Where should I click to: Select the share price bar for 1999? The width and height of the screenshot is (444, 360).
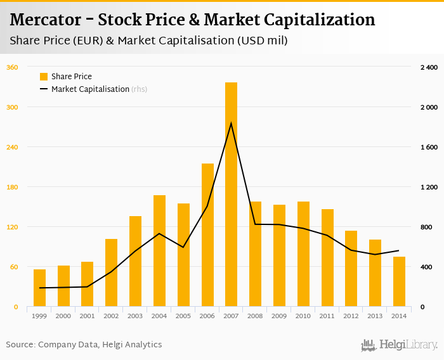[x=39, y=288]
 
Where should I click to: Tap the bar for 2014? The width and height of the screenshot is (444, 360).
[x=399, y=281]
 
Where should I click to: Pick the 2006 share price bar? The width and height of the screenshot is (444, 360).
[x=207, y=235]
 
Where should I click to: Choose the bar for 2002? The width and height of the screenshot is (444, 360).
[x=111, y=273]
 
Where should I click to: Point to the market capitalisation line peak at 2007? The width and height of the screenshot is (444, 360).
[x=231, y=123]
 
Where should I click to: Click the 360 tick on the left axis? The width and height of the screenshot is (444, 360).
[x=12, y=67]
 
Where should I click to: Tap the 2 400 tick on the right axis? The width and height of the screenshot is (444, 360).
[x=429, y=67]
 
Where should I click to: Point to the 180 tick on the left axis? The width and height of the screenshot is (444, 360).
[x=12, y=187]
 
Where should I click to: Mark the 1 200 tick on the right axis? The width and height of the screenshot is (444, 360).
[x=429, y=187]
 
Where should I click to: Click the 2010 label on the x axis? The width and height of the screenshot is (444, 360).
[x=303, y=316]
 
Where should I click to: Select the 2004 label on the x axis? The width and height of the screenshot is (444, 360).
[x=159, y=316]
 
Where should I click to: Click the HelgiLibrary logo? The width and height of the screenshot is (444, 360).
[x=399, y=345]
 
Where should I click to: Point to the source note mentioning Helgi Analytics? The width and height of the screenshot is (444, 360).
[x=84, y=345]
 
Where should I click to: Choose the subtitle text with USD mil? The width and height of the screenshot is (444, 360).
[x=148, y=41]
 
